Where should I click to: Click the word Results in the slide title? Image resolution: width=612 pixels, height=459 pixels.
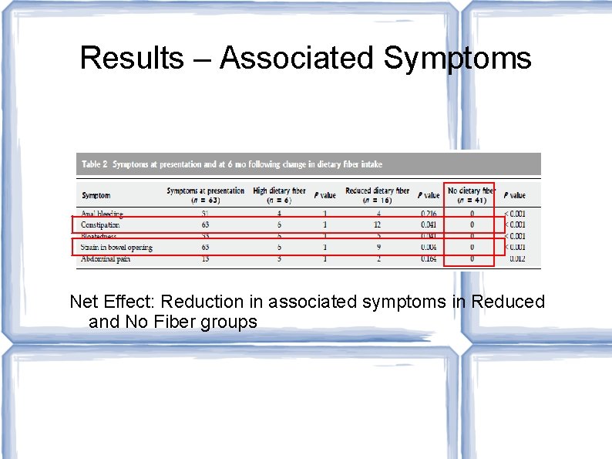pos(132,58)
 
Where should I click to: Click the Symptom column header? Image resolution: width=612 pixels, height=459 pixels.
pos(96,195)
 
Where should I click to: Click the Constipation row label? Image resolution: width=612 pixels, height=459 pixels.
pos(100,225)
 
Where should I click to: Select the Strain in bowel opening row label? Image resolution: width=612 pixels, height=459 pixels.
pos(116,248)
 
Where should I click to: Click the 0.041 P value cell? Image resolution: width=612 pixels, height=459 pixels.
pos(429,225)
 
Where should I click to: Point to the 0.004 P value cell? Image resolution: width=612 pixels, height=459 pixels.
pos(429,248)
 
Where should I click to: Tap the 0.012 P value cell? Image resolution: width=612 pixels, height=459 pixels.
pos(516,259)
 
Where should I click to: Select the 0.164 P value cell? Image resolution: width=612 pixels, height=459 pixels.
pos(429,259)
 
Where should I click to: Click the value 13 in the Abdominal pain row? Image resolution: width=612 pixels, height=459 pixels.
pos(204,259)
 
